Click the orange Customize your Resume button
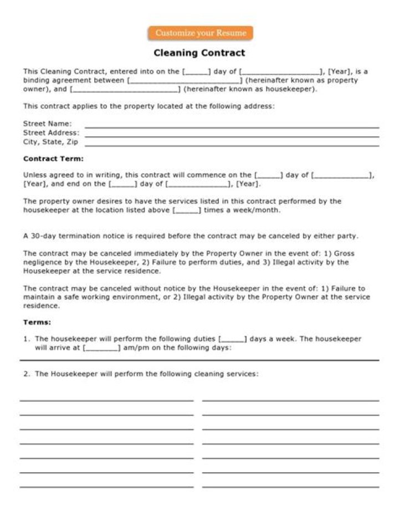point(200,33)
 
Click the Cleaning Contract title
point(199,53)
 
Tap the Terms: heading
point(37,322)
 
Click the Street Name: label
point(47,124)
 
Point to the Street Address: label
point(51,133)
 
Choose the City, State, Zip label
point(50,142)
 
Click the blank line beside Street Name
point(231,127)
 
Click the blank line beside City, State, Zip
point(231,145)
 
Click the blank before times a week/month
point(187,211)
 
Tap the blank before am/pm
point(101,348)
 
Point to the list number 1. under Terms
point(27,339)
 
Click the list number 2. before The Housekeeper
point(27,374)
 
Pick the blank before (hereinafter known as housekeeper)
point(125,89)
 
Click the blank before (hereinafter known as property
point(185,80)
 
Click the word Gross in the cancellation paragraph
point(344,254)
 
